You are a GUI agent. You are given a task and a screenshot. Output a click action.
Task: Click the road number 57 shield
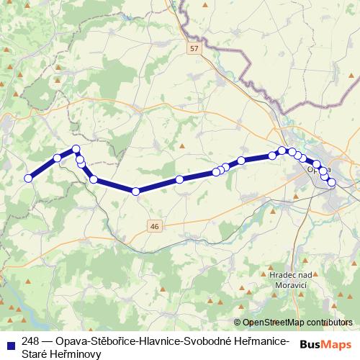194,48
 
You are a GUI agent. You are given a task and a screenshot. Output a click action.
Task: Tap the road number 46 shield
154,226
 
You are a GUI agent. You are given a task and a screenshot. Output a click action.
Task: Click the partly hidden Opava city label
318,170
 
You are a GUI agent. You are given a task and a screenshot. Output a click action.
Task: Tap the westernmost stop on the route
29,179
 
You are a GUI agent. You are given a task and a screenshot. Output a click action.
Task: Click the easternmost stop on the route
332,183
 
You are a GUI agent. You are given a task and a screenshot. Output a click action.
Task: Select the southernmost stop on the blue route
135,191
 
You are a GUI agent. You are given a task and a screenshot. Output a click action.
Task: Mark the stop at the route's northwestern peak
75,150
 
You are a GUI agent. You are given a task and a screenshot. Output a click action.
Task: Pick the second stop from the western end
57,158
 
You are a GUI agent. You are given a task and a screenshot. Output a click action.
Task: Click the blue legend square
11,341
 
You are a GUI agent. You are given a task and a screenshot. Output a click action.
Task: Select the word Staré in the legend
35,354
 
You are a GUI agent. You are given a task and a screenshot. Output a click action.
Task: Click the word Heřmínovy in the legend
77,354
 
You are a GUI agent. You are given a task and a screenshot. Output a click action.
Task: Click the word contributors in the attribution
328,323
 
